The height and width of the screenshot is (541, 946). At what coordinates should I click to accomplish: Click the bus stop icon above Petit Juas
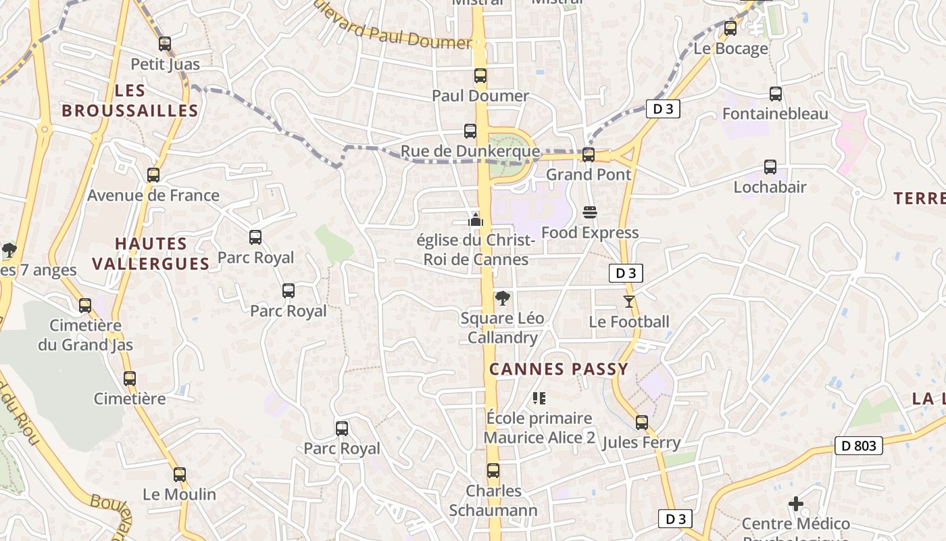tap(165, 44)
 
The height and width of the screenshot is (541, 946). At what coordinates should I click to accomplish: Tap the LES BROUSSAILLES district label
tap(130, 101)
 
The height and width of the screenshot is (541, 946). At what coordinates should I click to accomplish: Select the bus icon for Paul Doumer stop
tap(480, 76)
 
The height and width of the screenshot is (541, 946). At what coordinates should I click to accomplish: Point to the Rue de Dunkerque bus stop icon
tap(470, 131)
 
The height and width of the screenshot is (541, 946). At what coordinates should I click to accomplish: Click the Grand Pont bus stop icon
tap(589, 155)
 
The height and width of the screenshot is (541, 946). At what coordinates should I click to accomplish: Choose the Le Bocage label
tap(731, 49)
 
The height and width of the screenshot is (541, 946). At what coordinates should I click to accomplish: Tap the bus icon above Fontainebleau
tap(776, 94)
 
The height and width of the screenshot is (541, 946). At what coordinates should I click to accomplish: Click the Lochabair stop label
tap(770, 187)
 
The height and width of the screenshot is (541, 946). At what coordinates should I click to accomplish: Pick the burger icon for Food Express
tap(590, 212)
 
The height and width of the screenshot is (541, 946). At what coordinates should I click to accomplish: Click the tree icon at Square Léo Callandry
tap(502, 298)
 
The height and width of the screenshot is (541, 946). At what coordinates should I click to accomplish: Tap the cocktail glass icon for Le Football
tap(629, 302)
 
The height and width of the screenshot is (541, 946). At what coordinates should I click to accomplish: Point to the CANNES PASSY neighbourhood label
tap(559, 369)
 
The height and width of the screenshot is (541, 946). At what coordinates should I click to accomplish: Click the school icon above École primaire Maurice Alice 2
tap(539, 398)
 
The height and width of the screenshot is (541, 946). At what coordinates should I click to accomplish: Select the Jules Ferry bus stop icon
tap(641, 423)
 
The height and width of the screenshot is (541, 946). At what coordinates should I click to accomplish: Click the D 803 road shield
tap(860, 446)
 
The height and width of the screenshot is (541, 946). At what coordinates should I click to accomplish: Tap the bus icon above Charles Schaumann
tap(494, 471)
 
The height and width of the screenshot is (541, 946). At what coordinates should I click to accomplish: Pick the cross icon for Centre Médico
tap(796, 504)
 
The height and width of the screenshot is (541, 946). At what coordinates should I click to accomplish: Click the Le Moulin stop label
tap(179, 494)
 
